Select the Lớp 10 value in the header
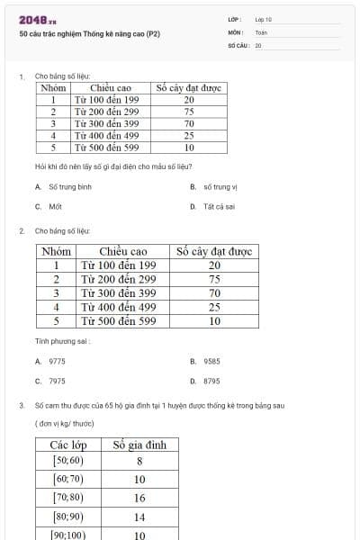[263, 19]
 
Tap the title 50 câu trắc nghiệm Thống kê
[89, 33]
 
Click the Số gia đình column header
[139, 445]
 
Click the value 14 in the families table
[139, 517]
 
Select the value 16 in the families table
[139, 498]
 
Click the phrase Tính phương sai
[62, 341]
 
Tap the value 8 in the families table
[139, 461]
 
